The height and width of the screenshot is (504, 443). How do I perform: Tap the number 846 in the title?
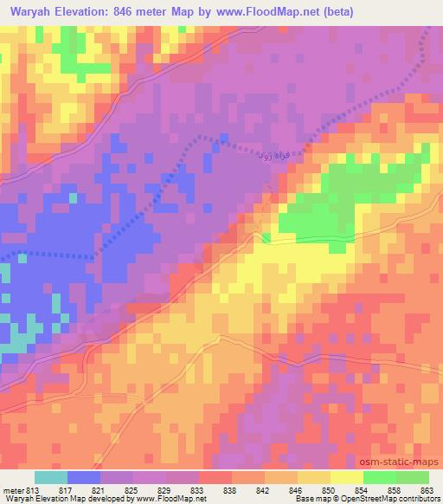127,12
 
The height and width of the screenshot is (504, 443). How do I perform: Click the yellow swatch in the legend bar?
346,477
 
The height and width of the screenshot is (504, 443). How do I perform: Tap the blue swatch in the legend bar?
84,477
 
